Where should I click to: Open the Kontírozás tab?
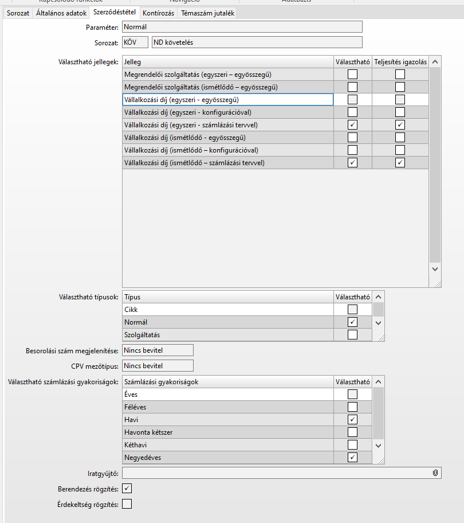click(x=158, y=13)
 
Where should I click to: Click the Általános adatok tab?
click(x=61, y=13)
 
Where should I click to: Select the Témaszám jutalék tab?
click(x=207, y=13)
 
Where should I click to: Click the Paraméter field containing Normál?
click(x=242, y=26)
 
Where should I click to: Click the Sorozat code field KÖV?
click(x=135, y=42)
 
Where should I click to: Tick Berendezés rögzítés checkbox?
click(x=127, y=489)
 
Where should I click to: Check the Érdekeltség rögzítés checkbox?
click(x=127, y=504)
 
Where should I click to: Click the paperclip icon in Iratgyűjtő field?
click(x=435, y=473)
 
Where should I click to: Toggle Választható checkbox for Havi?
click(x=352, y=420)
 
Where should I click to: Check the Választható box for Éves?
click(x=352, y=395)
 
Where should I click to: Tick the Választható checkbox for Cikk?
click(x=352, y=310)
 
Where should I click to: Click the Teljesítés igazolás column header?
click(x=400, y=61)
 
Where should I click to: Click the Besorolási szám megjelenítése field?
click(x=158, y=350)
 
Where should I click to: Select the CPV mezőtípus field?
click(x=158, y=366)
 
